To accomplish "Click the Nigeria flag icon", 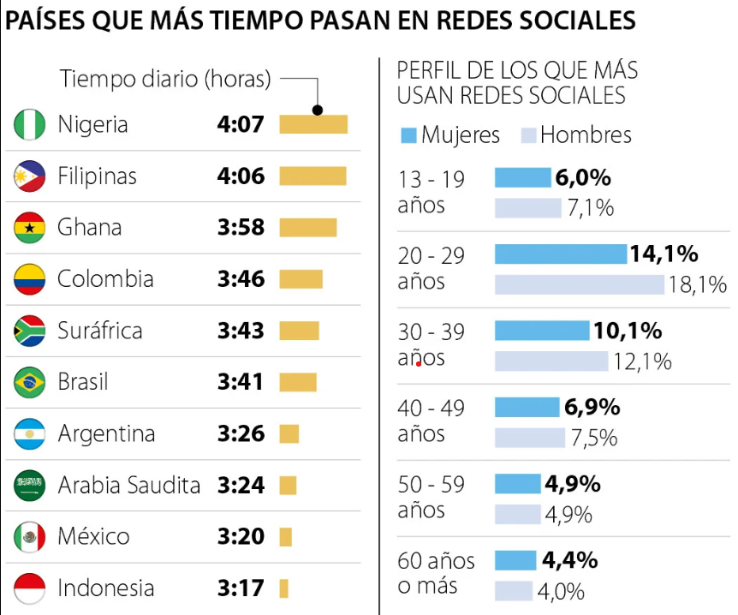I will [x=30, y=125].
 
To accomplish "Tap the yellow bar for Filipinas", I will [x=312, y=176].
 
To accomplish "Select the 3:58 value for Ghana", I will [x=241, y=228].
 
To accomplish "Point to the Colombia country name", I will [x=105, y=279].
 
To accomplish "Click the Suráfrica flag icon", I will [x=30, y=331].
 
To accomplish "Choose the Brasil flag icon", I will [x=30, y=382].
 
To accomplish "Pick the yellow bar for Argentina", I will [x=289, y=433].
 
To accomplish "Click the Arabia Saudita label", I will [x=128, y=486].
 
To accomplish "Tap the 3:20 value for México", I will [x=241, y=537].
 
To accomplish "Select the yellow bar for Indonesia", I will [x=283, y=588].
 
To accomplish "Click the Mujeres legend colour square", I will [x=408, y=135].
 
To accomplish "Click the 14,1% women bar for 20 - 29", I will [x=561, y=254].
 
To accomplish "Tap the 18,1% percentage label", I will [x=698, y=284].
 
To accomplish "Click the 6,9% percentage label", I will [x=592, y=408].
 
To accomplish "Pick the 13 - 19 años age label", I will [x=431, y=192].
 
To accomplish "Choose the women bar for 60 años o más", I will [x=515, y=561].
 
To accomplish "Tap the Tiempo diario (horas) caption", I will [x=164, y=80].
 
